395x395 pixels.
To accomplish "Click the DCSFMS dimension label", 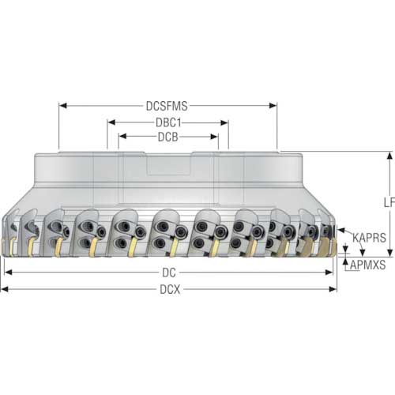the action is point(167,106).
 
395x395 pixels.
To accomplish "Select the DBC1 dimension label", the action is point(168,122).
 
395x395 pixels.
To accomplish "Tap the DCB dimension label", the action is point(168,137).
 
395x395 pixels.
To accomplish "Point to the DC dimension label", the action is point(169,273).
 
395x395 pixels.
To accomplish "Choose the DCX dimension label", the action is point(170,289).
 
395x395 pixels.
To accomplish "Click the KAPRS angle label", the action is point(369,238).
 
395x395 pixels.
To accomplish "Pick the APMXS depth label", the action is point(367,265).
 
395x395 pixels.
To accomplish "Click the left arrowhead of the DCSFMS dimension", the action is point(62,106).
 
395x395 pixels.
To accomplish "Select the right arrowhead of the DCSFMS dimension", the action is point(273,106).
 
